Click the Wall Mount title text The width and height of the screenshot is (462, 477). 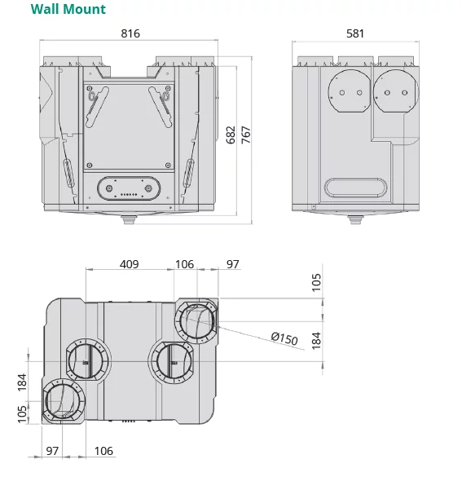(68, 10)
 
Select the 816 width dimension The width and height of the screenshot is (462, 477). (130, 34)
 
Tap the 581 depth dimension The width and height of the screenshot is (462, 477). (354, 34)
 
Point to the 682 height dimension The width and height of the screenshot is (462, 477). (231, 135)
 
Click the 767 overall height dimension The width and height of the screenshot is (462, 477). (245, 135)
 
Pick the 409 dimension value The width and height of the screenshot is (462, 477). (129, 264)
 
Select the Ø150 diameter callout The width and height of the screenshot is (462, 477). (285, 338)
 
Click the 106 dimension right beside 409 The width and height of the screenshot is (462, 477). (185, 264)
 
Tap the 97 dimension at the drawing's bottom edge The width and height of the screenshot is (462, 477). (52, 451)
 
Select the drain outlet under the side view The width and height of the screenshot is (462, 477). (354, 219)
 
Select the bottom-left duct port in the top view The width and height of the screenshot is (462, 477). (64, 401)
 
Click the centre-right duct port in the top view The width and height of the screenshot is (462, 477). (170, 360)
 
